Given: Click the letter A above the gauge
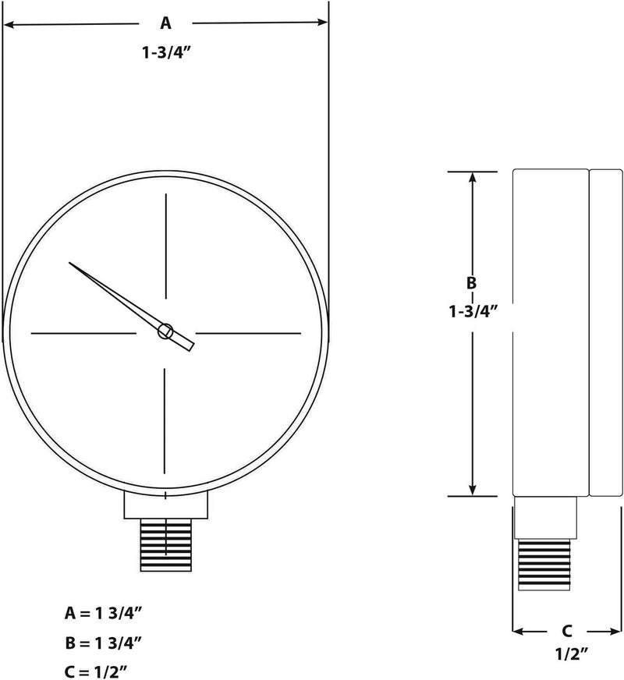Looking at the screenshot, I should pos(165,24).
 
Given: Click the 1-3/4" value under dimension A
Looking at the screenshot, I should pos(165,54).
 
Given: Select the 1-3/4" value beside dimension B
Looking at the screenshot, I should pos(473,310).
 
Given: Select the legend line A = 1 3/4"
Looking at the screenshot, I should pos(103,614).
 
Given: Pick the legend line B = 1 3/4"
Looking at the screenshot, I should pos(103,643).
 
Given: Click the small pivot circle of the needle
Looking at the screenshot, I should pos(165,332).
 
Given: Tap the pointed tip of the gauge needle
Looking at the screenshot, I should pos(71,264).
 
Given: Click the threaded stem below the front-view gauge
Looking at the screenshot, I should pos(165,545).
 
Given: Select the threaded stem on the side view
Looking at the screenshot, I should pos(544,562).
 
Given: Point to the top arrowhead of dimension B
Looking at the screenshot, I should pos(472,177).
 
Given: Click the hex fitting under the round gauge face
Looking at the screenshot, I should pos(166,506).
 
